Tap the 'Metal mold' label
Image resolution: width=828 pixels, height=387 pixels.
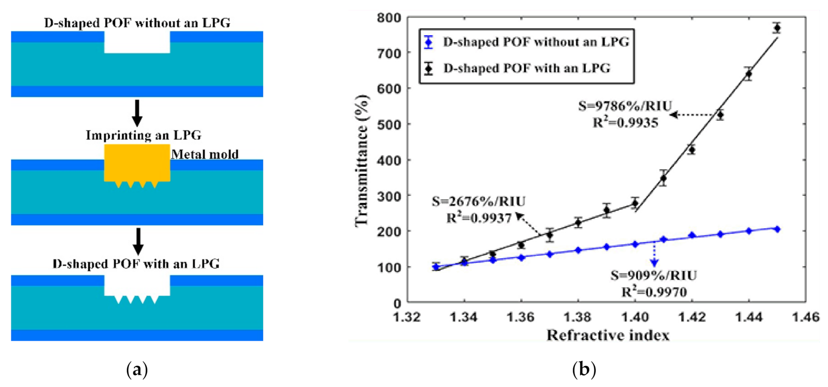(x=205, y=154)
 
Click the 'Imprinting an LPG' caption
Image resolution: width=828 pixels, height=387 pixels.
(x=143, y=135)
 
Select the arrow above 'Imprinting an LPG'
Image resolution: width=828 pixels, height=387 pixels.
(x=137, y=113)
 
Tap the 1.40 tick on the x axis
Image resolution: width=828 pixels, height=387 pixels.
(x=635, y=317)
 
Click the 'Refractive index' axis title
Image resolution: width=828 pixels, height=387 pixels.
(x=608, y=335)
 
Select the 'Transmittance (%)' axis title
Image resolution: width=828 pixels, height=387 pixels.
(x=362, y=160)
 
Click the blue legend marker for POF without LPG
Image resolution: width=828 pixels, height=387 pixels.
(x=429, y=42)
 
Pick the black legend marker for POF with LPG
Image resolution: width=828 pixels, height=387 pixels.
(x=429, y=68)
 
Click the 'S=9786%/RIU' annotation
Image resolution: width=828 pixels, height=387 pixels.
(x=625, y=106)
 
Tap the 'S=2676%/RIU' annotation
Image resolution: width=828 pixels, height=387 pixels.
(x=478, y=202)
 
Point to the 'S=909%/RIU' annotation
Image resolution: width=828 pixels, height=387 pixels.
(x=653, y=275)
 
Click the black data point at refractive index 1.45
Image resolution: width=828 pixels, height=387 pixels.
(x=777, y=28)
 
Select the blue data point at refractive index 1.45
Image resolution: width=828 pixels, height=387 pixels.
(x=777, y=229)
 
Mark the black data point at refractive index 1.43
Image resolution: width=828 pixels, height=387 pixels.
(x=720, y=115)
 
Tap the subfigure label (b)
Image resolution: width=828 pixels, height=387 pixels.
(x=583, y=369)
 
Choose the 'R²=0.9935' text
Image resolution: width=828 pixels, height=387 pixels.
(x=625, y=123)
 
